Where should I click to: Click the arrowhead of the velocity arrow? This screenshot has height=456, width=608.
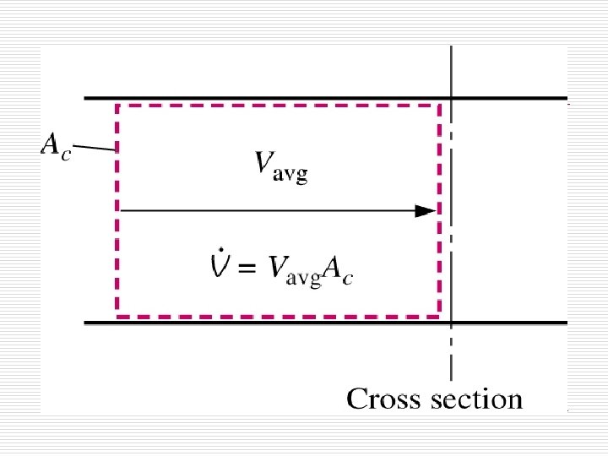(426, 211)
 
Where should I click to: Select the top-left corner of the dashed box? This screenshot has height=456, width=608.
(117, 106)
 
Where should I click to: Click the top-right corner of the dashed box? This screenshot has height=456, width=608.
(439, 106)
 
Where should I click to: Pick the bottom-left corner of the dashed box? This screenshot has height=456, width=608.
(117, 315)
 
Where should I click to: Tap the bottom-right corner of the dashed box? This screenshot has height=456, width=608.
(439, 315)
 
